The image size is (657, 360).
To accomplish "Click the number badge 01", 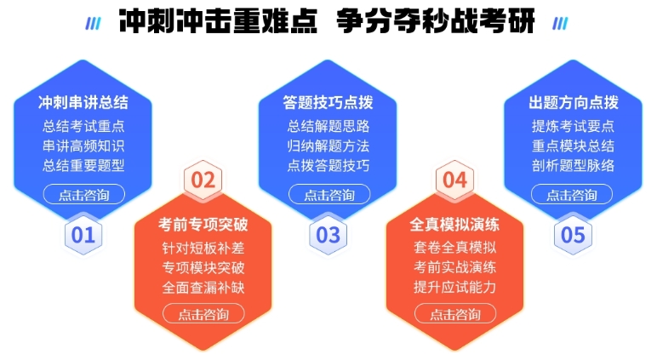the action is [83, 235].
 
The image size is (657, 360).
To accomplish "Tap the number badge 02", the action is [203, 180].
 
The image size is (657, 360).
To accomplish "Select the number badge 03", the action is [328, 235].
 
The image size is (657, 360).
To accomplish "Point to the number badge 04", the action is [454, 180].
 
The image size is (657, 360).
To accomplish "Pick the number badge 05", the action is [573, 235].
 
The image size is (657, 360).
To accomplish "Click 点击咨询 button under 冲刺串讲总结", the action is [83, 194].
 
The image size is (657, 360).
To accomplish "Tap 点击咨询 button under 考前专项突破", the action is [203, 314].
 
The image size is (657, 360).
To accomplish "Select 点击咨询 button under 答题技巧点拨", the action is [329, 194].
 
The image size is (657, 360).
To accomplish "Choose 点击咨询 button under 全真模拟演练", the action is [455, 314].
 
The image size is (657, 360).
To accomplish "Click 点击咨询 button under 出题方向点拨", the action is [572, 194].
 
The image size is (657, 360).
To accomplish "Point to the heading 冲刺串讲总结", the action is [83, 102].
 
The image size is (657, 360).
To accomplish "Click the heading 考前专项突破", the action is [203, 224].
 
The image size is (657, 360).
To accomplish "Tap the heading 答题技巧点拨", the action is [328, 102].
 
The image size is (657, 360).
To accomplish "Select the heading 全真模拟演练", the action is [454, 224].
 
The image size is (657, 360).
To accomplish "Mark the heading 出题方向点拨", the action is [574, 102].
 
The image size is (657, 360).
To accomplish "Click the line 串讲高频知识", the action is [83, 146].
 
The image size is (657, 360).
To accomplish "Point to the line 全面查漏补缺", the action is [203, 288].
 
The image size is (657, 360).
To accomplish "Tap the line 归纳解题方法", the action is [328, 146].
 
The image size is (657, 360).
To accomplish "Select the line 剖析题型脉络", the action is [574, 166].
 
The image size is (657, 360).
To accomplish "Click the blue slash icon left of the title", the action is [93, 24].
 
